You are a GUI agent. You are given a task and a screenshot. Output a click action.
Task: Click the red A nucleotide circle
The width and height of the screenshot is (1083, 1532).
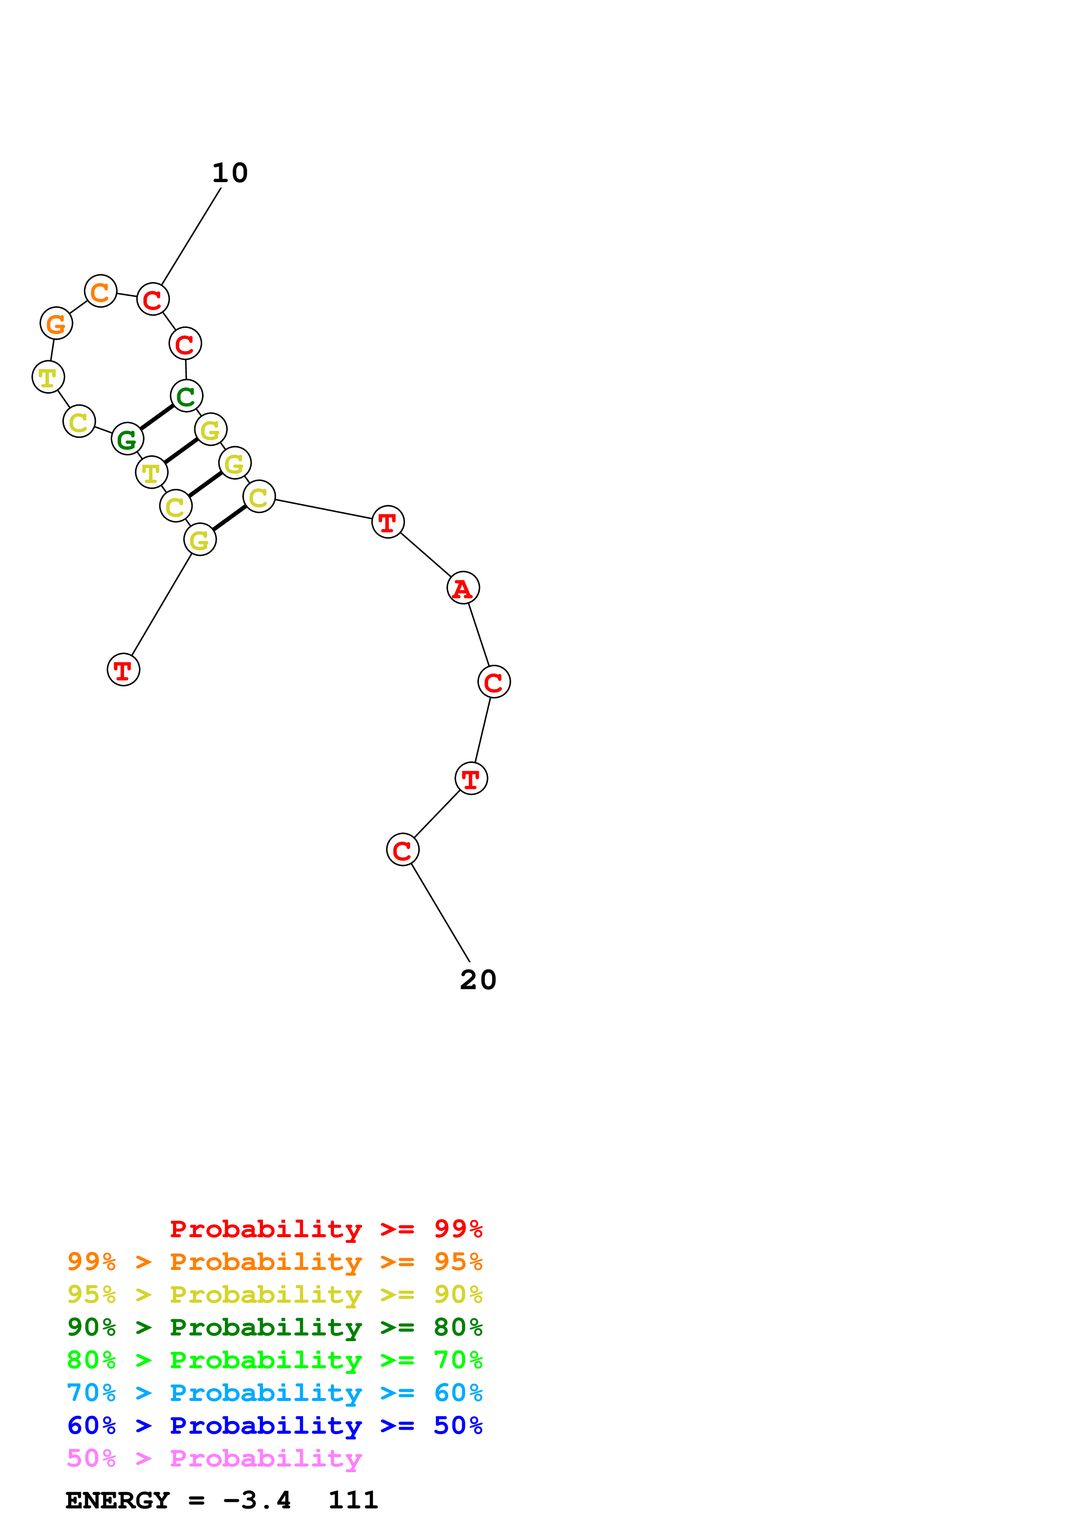pos(463,588)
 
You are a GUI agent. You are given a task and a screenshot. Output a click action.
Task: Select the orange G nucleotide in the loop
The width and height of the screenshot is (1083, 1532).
pos(56,324)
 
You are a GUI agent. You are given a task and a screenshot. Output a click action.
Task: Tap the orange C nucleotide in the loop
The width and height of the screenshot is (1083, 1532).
pos(101,292)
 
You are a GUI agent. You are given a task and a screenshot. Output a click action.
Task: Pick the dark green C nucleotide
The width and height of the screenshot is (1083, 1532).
pos(186,397)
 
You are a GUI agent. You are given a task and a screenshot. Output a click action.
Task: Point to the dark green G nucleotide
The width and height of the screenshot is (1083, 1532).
pos(127,439)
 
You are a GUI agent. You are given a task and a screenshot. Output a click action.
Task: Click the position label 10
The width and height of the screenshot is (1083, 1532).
pos(230,173)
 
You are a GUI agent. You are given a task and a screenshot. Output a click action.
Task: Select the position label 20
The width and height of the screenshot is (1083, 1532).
pos(478,980)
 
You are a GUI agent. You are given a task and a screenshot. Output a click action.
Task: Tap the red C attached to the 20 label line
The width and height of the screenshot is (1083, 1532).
pos(402,850)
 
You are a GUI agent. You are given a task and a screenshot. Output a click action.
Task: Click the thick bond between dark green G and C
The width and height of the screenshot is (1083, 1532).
pos(156,418)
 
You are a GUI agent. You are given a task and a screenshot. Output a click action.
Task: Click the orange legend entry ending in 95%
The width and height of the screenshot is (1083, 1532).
pos(274,1262)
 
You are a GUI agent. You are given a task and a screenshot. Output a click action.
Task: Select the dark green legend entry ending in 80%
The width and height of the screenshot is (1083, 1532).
pos(274,1327)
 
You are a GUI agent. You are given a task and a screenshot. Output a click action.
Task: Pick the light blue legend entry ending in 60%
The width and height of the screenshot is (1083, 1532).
pos(274,1393)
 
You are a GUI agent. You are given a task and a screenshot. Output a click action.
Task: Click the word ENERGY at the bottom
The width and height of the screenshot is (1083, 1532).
pos(118,1500)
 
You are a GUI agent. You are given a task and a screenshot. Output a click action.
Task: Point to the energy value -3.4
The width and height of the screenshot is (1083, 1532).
pos(257,1500)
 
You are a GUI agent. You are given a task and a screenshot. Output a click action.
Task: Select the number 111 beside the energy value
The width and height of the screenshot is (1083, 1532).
pos(353,1500)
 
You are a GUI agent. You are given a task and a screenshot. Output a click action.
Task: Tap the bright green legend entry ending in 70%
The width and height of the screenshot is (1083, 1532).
pos(274,1360)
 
